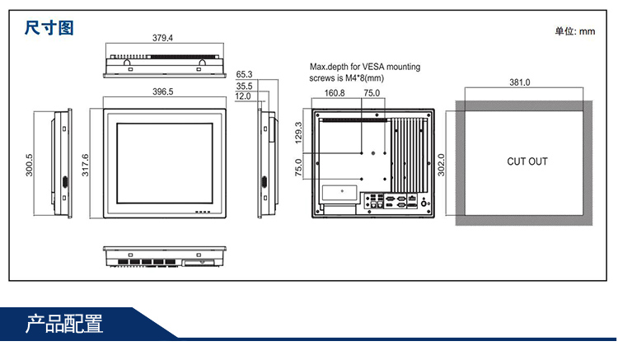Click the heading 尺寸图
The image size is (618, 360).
(49, 28)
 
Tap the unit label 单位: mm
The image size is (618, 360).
(574, 31)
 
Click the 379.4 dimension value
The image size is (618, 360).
(162, 37)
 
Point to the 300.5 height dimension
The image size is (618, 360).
(30, 165)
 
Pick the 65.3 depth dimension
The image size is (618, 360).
(243, 74)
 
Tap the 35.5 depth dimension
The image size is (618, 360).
(243, 86)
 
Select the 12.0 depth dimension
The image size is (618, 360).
(243, 96)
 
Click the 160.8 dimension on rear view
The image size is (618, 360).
(335, 93)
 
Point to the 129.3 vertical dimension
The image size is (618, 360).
(298, 133)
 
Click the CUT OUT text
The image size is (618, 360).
(527, 161)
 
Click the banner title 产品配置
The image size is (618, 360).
(64, 323)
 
